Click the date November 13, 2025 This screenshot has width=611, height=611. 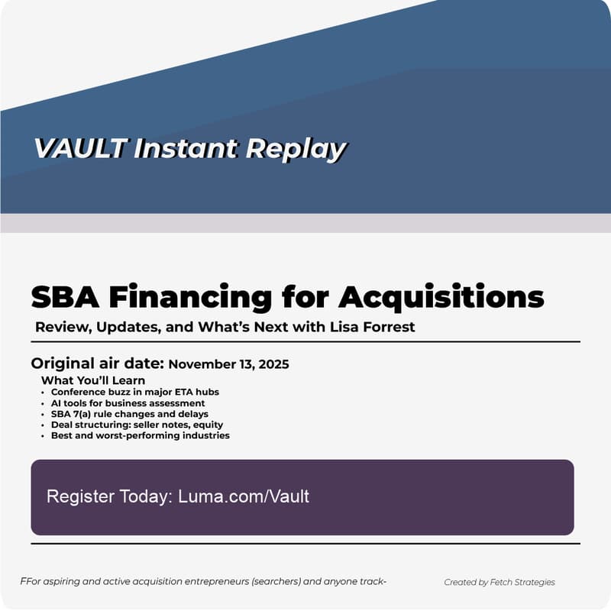[228, 364]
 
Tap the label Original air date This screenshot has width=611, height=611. [97, 364]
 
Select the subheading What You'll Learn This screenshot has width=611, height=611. [93, 380]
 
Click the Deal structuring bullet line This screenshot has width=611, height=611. [137, 425]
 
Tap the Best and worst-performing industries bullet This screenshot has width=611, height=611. [140, 435]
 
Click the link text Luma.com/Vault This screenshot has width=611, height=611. [244, 496]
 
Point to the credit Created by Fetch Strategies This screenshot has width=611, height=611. [499, 582]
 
